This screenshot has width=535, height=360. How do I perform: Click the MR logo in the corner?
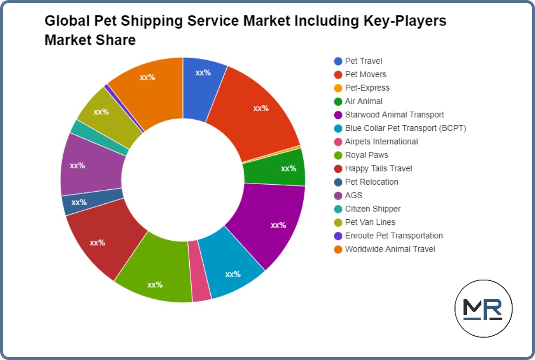click(483, 309)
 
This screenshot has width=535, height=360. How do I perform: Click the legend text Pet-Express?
click(367, 88)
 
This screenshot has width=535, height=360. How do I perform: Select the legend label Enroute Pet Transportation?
click(393, 236)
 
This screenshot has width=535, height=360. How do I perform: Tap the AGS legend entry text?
click(353, 195)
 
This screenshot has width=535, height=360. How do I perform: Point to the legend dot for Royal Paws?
click(338, 155)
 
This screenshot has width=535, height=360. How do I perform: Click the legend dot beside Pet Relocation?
click(338, 182)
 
